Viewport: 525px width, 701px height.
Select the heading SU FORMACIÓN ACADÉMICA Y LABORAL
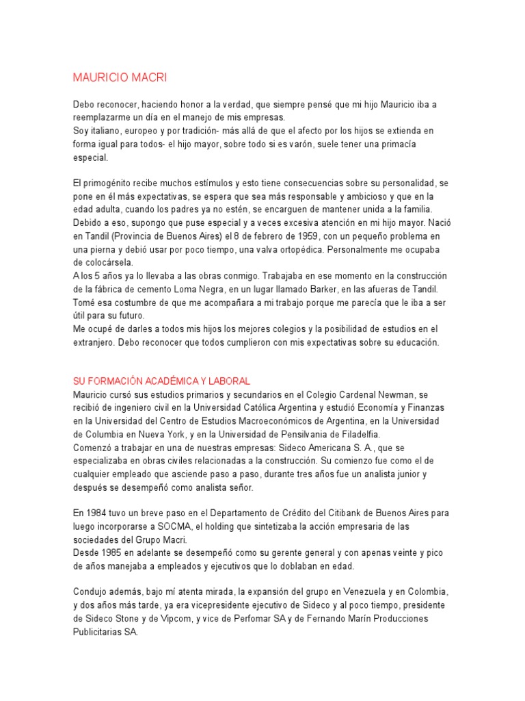[161, 380]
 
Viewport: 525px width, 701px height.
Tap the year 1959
[292, 236]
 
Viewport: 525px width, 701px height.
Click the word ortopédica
[290, 249]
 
